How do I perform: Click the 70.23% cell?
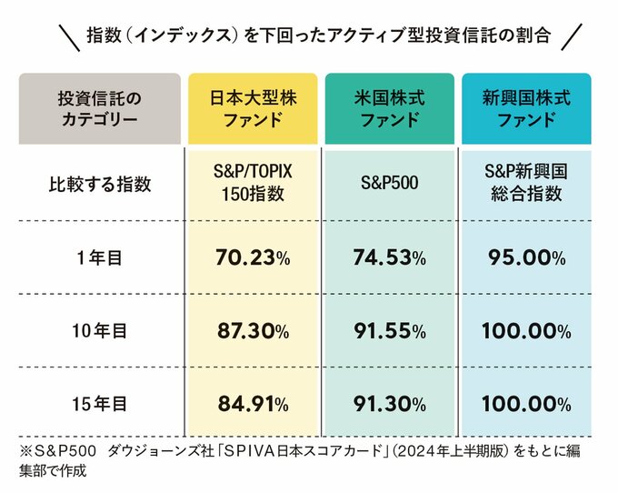coord(253,258)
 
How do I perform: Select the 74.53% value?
coord(389,258)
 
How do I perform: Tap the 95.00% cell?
coord(526,258)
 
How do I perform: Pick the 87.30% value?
coord(253,331)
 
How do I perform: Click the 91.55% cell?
coord(389,331)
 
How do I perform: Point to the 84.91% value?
coord(253,404)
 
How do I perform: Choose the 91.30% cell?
coord(389,404)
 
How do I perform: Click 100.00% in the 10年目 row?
coord(526,331)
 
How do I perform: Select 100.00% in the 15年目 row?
coord(526,404)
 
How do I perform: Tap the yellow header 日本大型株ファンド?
coord(253,108)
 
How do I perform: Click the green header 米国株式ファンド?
coord(389,108)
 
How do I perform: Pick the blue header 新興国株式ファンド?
coord(526,108)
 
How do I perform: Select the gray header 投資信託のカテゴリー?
coord(100,108)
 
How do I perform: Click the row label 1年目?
coord(100,258)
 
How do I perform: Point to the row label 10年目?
coord(100,331)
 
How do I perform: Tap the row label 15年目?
coord(100,404)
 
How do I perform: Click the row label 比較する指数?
coord(100,185)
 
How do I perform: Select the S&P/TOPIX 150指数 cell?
coord(253,185)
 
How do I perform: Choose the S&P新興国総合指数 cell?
coord(526,185)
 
